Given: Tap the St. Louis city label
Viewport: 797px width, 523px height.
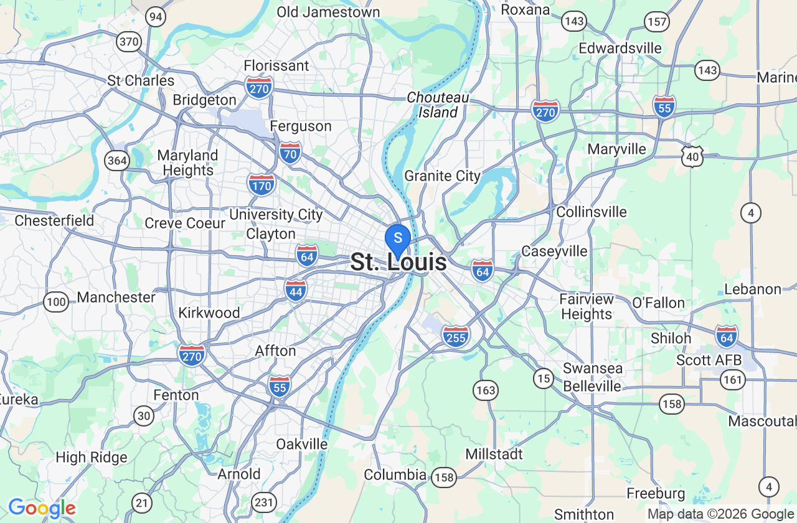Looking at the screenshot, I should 398,262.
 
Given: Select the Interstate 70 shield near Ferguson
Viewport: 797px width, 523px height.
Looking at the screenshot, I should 290,152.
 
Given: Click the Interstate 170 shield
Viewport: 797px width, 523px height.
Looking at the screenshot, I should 261,185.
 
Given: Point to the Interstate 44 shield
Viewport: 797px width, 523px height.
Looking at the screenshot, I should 296,290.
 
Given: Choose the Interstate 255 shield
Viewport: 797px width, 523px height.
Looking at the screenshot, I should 456,336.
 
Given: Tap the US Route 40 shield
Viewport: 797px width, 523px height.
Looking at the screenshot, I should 692,157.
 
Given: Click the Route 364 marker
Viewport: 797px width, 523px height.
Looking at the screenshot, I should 117,161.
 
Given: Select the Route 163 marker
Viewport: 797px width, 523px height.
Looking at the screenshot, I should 485,390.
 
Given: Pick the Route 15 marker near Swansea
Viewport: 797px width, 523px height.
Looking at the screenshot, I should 544,378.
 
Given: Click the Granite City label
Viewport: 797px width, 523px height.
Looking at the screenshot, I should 442,176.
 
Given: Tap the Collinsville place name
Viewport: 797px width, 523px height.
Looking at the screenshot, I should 591,212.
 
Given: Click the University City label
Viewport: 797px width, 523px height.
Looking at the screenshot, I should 276,215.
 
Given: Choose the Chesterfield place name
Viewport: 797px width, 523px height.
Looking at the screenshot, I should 54,220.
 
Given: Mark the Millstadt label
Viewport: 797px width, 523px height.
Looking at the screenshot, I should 494,454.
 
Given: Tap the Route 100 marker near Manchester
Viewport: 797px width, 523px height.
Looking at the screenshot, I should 56,303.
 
